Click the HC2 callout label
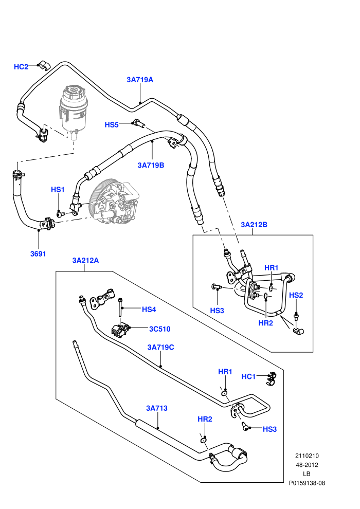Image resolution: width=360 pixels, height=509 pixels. [21, 67]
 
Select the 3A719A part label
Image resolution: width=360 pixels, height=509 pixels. [140, 80]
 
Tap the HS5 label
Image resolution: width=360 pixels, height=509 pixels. [112, 125]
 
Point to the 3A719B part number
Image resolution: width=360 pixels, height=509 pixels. [151, 165]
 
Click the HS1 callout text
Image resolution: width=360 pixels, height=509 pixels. [58, 190]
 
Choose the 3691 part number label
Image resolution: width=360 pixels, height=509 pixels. [38, 254]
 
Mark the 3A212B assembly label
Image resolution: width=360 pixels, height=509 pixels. [254, 225]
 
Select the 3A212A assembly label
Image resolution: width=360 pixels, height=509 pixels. [85, 260]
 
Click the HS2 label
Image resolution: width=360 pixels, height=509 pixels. [296, 295]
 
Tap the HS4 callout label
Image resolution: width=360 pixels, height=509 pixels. [149, 310]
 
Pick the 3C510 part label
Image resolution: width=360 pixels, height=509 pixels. [160, 329]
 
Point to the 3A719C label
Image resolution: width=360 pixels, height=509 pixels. [160, 348]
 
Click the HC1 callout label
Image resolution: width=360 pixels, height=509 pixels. [248, 376]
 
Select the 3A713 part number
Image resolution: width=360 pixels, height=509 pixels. [157, 408]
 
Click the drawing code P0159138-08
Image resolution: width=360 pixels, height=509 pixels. [307, 483]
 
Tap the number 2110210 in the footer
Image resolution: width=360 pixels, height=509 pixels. [307, 456]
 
